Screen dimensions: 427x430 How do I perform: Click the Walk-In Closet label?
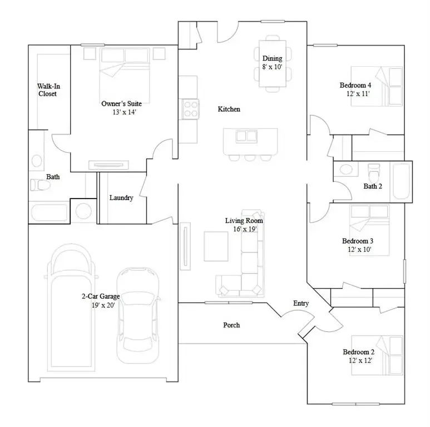click(47, 90)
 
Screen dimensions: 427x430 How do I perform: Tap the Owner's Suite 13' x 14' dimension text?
click(121, 112)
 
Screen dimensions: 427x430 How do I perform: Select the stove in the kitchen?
click(190, 108)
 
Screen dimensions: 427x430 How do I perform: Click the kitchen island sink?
click(243, 136)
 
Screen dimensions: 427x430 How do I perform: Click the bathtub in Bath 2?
click(401, 181)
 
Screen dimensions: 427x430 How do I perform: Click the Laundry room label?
click(121, 198)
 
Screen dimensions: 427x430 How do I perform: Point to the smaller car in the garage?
click(137, 312)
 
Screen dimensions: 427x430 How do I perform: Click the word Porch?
click(231, 325)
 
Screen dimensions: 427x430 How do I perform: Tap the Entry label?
click(301, 303)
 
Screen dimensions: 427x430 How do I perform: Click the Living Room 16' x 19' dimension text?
click(244, 229)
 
